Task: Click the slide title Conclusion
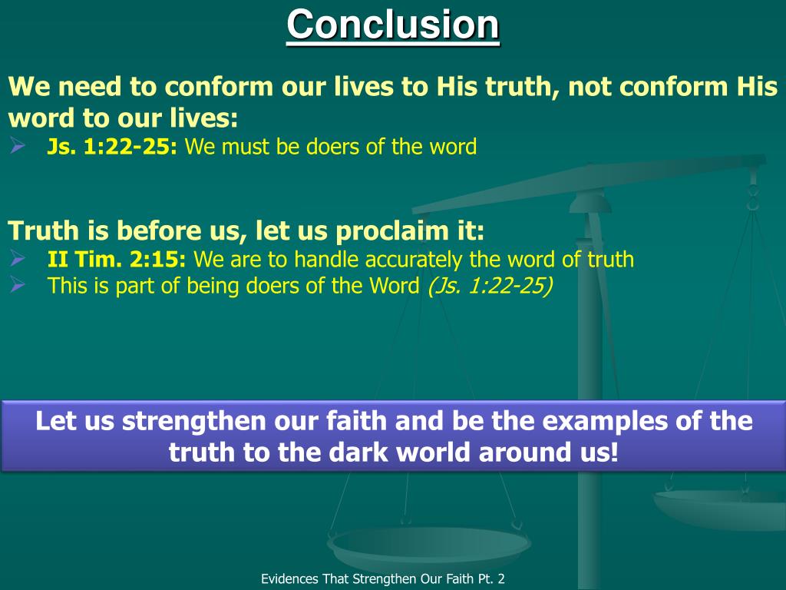click(x=393, y=25)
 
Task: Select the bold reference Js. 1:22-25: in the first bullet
click(x=112, y=147)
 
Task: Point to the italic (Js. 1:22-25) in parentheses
click(x=490, y=286)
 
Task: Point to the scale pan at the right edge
click(x=722, y=507)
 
